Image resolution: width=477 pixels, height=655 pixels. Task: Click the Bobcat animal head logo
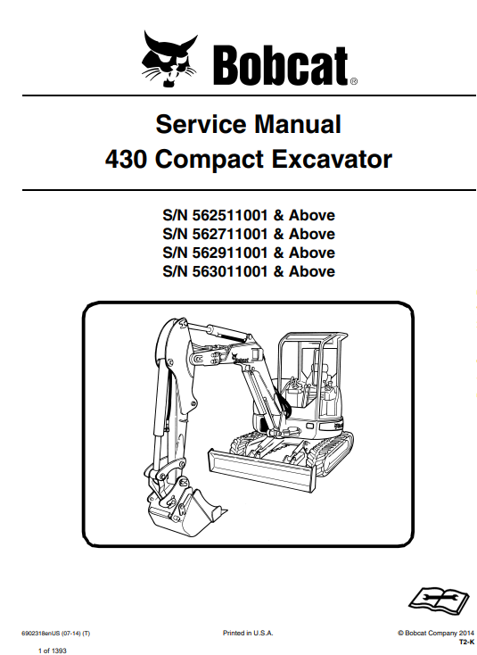coord(169,59)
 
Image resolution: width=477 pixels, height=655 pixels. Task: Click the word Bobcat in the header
coord(282,66)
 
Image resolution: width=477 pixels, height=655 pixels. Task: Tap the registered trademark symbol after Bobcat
coord(353,82)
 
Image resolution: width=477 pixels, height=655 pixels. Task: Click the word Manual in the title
coord(298,124)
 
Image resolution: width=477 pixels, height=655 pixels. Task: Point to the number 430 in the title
coord(126,159)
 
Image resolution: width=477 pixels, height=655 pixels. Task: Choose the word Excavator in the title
coord(332,159)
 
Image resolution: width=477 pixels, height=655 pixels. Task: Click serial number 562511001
coord(229,215)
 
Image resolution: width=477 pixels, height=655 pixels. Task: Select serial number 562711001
coord(229,234)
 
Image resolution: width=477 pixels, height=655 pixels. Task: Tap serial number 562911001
coord(229,253)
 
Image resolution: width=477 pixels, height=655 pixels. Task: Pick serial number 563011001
coord(229,271)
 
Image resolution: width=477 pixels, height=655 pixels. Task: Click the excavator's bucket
coord(184,506)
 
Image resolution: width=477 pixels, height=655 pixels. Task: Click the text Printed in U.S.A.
coord(248,633)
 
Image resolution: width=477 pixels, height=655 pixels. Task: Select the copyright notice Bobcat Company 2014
coord(436,633)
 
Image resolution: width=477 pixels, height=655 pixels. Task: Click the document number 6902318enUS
coord(40,634)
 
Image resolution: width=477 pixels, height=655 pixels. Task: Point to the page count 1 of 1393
coord(53,651)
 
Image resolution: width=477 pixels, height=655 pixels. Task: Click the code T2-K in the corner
coord(466,642)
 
